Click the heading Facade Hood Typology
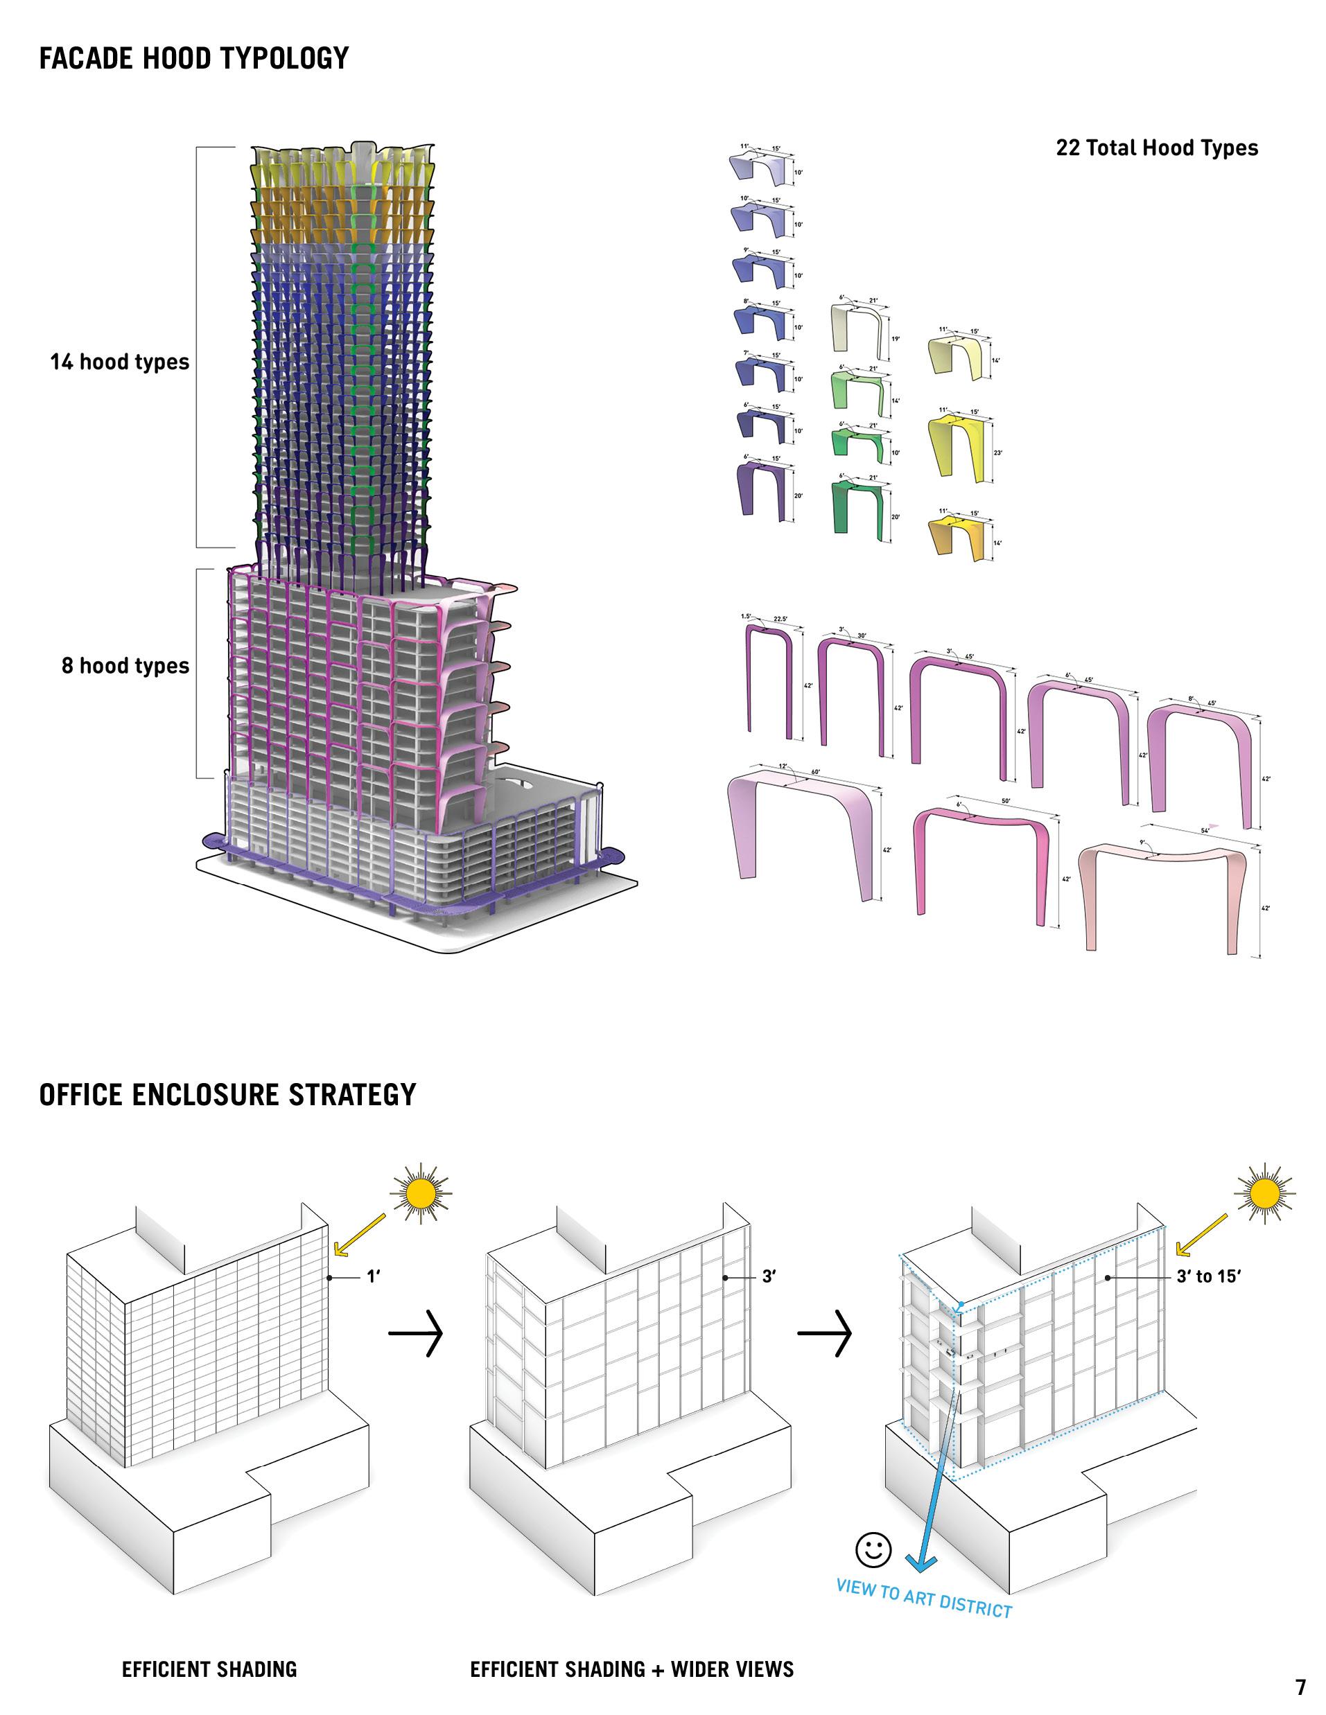(x=193, y=58)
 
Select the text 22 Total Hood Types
(x=1156, y=148)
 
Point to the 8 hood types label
(x=125, y=666)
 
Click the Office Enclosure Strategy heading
(x=227, y=1095)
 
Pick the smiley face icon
(x=873, y=1549)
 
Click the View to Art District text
(x=924, y=1598)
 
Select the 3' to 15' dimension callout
(x=1208, y=1277)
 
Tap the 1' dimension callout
(x=373, y=1277)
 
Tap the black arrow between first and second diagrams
(x=417, y=1333)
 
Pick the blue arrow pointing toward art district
(x=935, y=1476)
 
